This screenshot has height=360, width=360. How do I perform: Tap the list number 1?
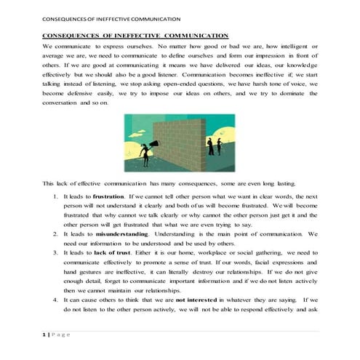(x=56, y=197)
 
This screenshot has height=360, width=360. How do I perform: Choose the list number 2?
(x=56, y=233)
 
